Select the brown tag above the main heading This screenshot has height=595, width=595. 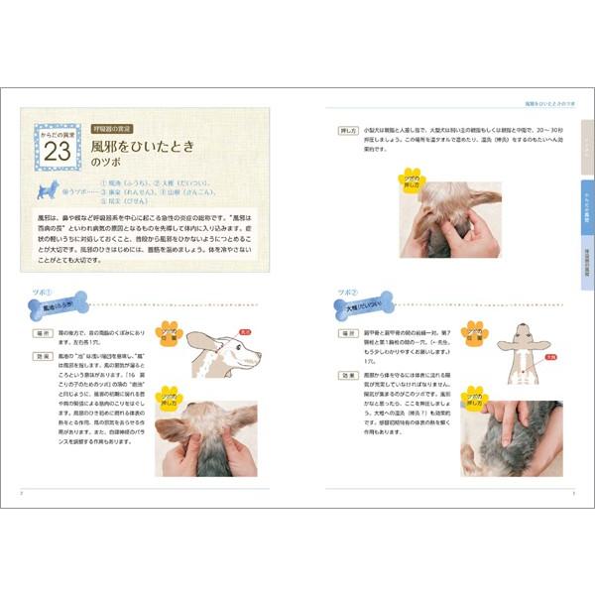(117, 128)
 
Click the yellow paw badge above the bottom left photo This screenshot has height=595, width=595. (170, 396)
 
